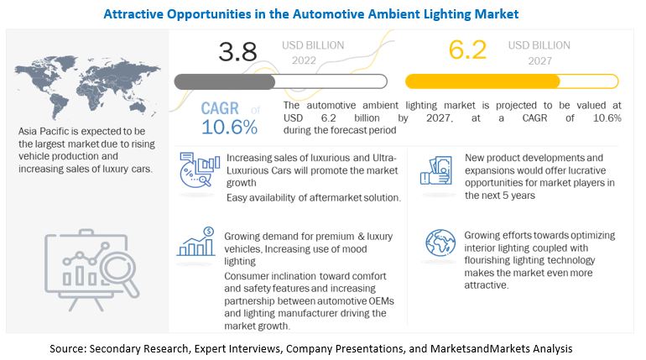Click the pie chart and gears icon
(195, 173)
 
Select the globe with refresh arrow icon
(440, 243)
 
